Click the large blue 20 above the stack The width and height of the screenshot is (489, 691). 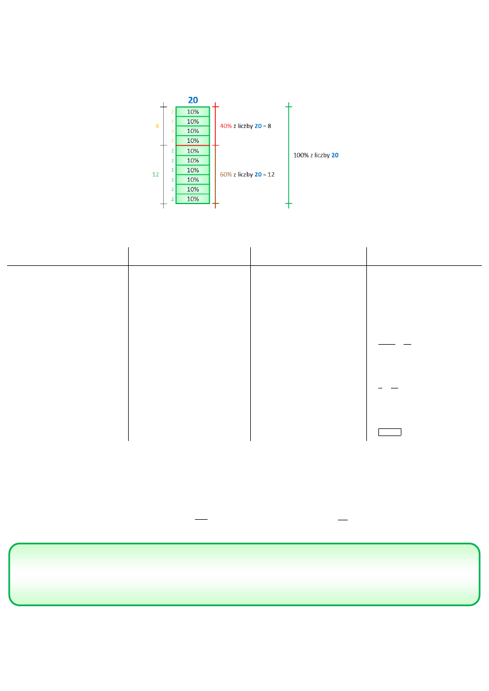[193, 100]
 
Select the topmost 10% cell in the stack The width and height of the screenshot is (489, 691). [193, 112]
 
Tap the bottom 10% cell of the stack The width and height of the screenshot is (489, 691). [193, 199]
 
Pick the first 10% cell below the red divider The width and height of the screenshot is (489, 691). [193, 150]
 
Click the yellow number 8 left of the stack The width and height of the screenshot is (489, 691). [157, 126]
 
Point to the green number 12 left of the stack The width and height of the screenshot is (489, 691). [156, 175]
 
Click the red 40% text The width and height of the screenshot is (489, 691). [226, 126]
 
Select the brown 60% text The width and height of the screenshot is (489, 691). [226, 175]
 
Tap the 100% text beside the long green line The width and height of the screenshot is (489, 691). [301, 155]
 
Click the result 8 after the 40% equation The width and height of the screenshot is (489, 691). [269, 126]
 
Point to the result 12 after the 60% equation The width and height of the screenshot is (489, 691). [271, 175]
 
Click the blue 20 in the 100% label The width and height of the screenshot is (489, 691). [335, 155]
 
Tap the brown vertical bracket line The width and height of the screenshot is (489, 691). [216, 175]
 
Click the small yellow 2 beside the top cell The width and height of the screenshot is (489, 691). [172, 112]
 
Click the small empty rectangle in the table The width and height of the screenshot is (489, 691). [390, 432]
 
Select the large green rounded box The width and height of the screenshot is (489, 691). [244, 574]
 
